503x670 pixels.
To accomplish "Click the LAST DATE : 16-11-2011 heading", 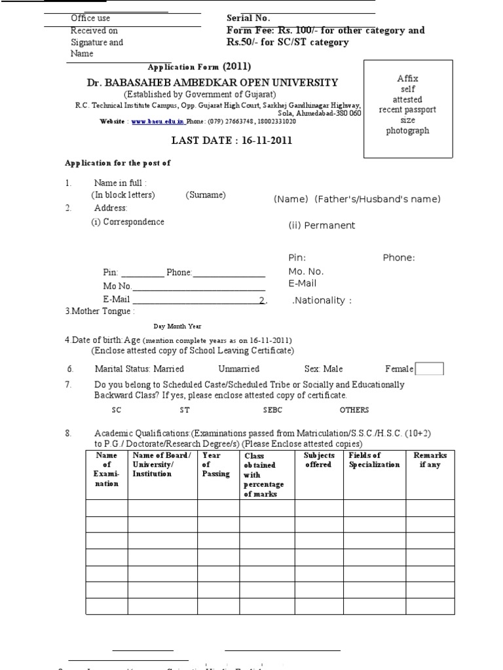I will (232, 140).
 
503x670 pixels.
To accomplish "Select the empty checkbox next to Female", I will (430, 369).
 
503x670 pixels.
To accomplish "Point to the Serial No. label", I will (248, 18).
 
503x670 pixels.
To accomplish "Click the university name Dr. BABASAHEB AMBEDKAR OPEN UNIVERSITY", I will (213, 82).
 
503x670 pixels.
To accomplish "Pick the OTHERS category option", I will (354, 410).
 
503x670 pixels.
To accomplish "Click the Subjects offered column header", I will (319, 460).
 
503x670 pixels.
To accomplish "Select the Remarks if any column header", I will (430, 460).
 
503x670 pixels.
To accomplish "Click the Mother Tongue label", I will (100, 311).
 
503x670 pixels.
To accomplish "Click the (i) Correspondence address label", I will (128, 222).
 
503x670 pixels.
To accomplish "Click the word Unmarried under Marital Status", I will (238, 369).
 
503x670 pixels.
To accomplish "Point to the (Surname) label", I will (205, 195).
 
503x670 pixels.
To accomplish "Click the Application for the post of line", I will (117, 163).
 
